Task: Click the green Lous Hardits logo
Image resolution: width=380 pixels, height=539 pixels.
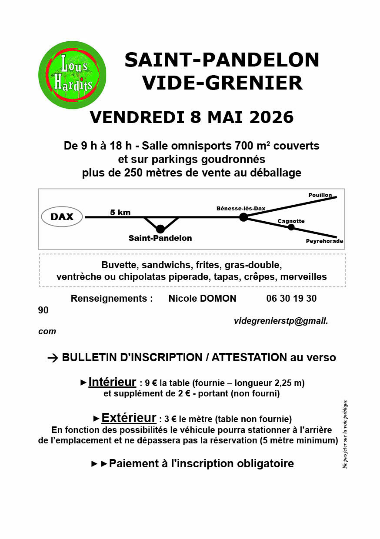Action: click(72, 75)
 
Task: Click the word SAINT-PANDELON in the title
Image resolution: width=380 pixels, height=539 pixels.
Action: click(222, 60)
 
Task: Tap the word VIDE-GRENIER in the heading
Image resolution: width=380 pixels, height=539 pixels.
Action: click(222, 83)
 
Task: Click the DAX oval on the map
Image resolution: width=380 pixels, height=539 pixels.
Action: click(62, 216)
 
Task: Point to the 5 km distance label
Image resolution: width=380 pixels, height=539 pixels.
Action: click(120, 213)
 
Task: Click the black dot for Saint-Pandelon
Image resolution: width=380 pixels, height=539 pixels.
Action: click(160, 229)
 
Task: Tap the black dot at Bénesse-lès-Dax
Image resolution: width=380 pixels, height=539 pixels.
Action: click(243, 217)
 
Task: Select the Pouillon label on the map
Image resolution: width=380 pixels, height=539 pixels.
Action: click(320, 195)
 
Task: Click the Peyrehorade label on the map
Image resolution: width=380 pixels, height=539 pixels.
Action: click(324, 241)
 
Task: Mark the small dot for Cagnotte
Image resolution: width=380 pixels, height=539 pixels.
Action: click(291, 227)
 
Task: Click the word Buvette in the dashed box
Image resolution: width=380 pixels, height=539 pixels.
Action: click(118, 265)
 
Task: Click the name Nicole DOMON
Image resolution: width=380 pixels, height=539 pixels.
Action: click(202, 299)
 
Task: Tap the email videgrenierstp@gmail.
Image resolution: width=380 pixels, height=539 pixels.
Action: click(280, 321)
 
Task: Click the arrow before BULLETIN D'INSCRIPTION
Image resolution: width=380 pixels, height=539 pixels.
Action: click(53, 358)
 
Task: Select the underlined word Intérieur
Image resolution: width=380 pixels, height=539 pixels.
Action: click(112, 382)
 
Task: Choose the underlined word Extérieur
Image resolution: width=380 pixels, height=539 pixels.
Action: click(129, 418)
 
